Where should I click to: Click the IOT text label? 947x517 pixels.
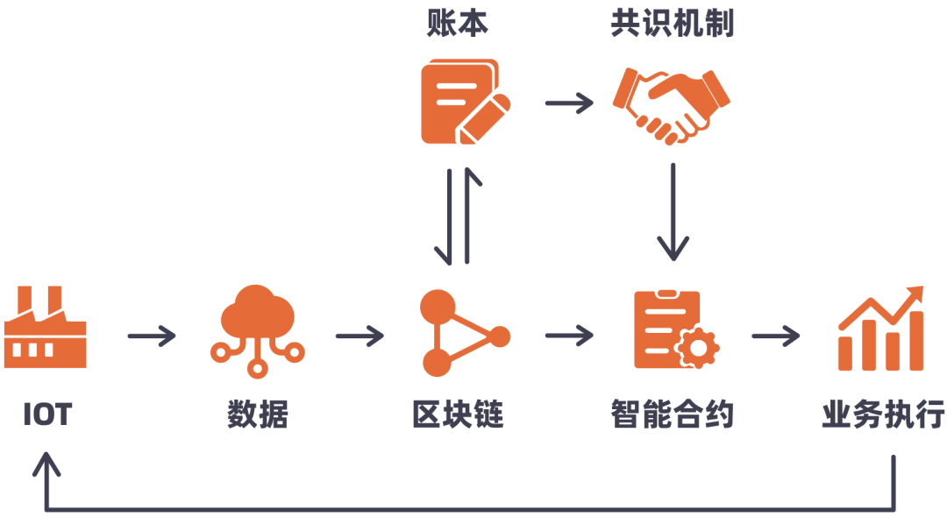click(x=46, y=414)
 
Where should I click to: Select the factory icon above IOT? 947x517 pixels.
click(x=46, y=329)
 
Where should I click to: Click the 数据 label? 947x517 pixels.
click(x=257, y=414)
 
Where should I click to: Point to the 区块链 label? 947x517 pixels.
click(x=458, y=414)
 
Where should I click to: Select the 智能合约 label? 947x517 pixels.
click(x=673, y=414)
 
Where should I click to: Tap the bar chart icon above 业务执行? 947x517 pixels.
click(x=880, y=329)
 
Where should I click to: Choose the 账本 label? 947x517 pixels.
click(x=458, y=24)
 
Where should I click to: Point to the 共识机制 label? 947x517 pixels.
click(x=673, y=24)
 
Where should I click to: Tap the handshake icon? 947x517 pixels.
click(x=672, y=103)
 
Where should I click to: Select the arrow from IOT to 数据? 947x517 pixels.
click(x=152, y=336)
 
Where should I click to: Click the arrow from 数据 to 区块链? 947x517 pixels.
click(x=360, y=336)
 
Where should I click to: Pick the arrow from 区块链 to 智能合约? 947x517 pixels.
click(x=569, y=336)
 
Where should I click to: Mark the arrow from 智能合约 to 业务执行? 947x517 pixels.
click(x=776, y=336)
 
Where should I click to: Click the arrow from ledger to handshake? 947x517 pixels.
click(x=569, y=103)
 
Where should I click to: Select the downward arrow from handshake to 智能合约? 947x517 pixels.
click(x=673, y=210)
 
